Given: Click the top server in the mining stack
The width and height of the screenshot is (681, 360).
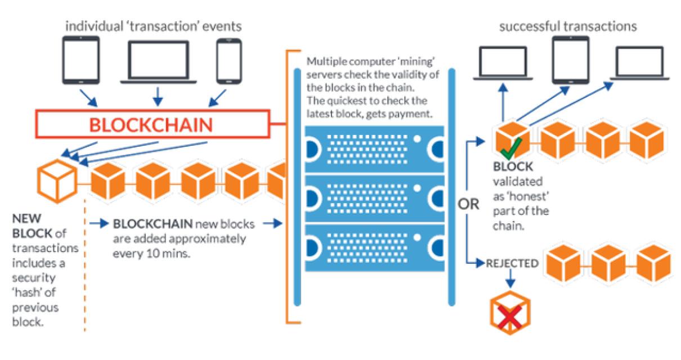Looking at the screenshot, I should coord(374,147).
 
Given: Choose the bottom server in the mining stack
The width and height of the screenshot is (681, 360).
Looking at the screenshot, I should coord(374,246).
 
